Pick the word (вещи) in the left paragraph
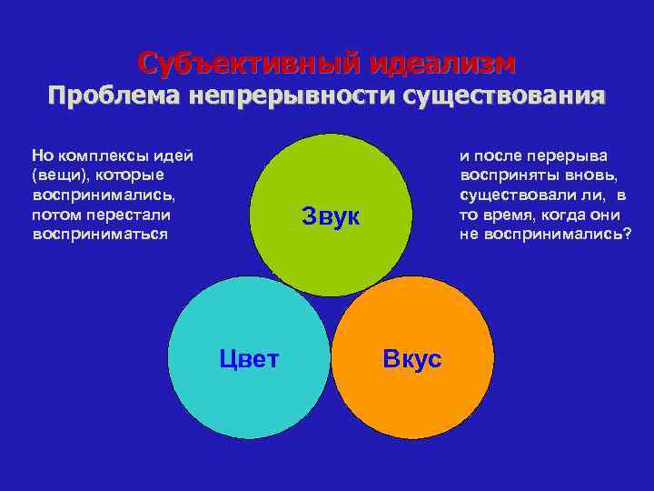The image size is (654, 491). point(55,175)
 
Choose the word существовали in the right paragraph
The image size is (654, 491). point(510,195)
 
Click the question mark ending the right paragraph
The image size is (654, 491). point(627,234)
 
